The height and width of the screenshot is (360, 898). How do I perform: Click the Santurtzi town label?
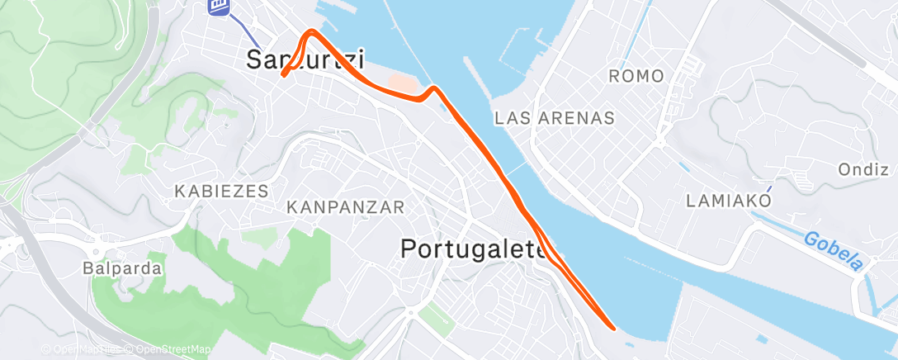coord(305,59)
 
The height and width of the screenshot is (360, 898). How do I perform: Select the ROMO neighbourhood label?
coord(636,77)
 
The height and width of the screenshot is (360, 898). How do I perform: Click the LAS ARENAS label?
coord(555,118)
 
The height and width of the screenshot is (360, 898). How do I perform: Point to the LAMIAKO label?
coord(730,201)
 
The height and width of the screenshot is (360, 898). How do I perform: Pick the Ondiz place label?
coord(862,170)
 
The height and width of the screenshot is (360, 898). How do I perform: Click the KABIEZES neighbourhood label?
coord(222,192)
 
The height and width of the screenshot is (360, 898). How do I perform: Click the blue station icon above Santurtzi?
coord(219,6)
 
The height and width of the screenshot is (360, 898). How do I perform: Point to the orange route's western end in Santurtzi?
coord(283,75)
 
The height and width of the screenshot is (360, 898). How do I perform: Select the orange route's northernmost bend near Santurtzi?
coord(311,31)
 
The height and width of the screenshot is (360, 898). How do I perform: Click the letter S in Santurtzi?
coord(256,59)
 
